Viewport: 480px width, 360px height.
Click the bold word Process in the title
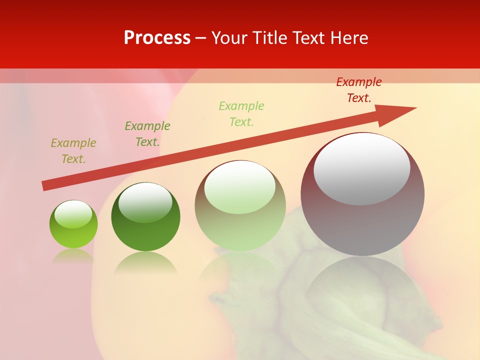(x=157, y=38)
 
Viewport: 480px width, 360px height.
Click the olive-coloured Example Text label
(x=73, y=151)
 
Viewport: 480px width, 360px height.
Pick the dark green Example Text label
(x=147, y=134)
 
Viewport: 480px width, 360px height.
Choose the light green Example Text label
(x=241, y=113)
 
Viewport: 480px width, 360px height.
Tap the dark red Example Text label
(x=359, y=90)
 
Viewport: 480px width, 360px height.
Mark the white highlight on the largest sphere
(x=361, y=168)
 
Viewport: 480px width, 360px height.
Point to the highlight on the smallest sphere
(x=73, y=214)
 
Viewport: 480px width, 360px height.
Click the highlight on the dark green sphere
(x=145, y=202)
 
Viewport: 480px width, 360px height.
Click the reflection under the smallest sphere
(x=73, y=255)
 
